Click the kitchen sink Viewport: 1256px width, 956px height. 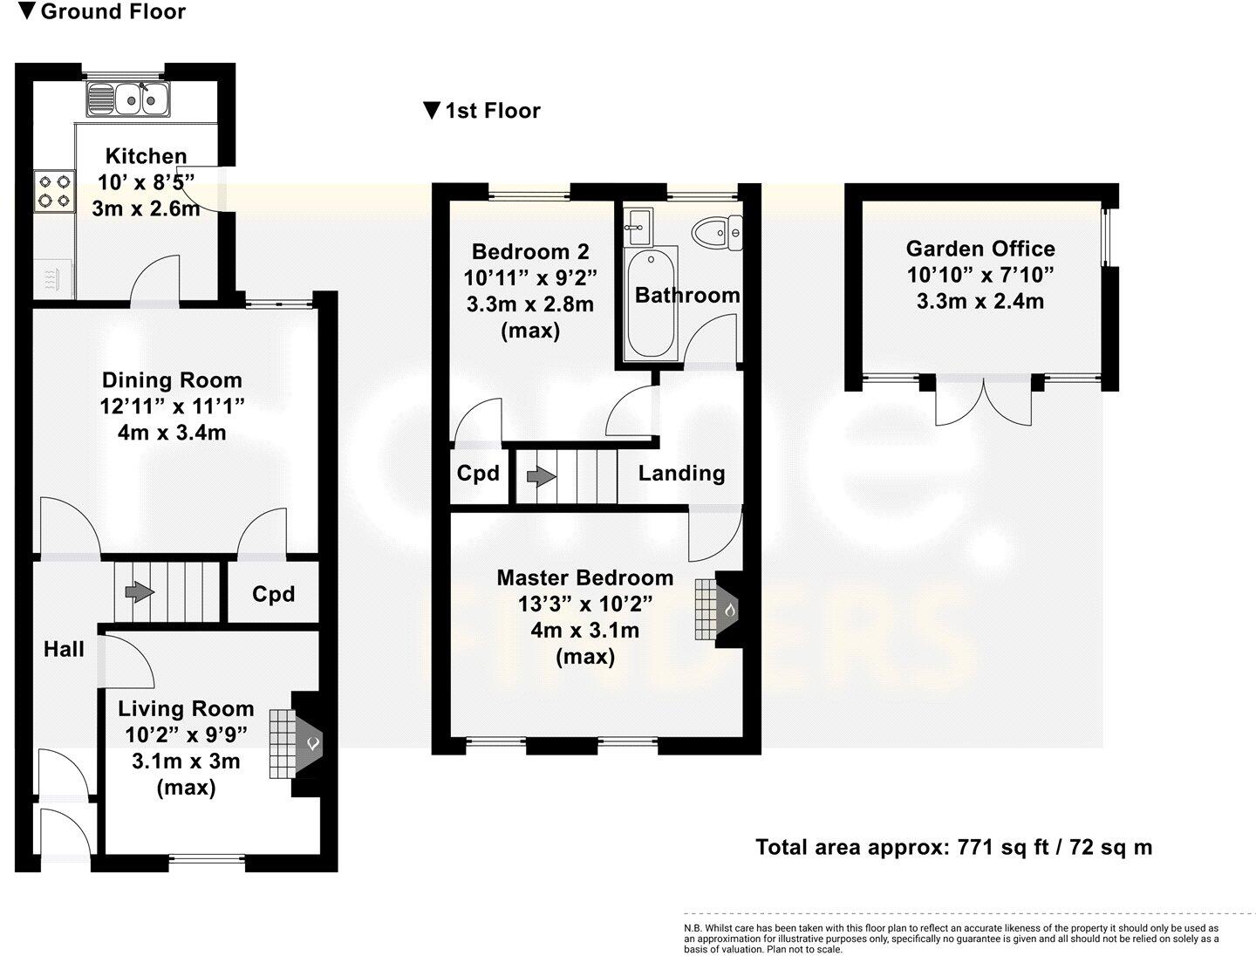click(x=128, y=98)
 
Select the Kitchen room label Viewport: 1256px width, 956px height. click(x=146, y=156)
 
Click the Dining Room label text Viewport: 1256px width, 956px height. click(x=172, y=380)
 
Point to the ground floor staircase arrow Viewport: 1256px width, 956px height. click(x=136, y=592)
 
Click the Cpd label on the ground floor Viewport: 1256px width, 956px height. click(x=273, y=594)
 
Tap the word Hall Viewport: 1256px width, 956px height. click(x=64, y=649)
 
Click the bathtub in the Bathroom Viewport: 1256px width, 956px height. click(x=650, y=304)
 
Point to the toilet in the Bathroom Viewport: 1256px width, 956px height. click(x=716, y=233)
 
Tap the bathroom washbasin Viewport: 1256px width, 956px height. click(x=638, y=226)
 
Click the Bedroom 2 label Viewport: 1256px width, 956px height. click(x=530, y=252)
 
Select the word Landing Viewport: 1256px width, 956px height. click(x=681, y=474)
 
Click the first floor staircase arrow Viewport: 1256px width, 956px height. click(x=541, y=477)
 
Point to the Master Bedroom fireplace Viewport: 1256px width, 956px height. click(x=720, y=609)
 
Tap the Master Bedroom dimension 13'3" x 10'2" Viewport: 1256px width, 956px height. click(x=584, y=604)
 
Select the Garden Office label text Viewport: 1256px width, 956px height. click(x=980, y=249)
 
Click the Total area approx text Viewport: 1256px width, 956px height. click(x=953, y=847)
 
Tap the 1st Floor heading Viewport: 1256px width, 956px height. click(x=482, y=111)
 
